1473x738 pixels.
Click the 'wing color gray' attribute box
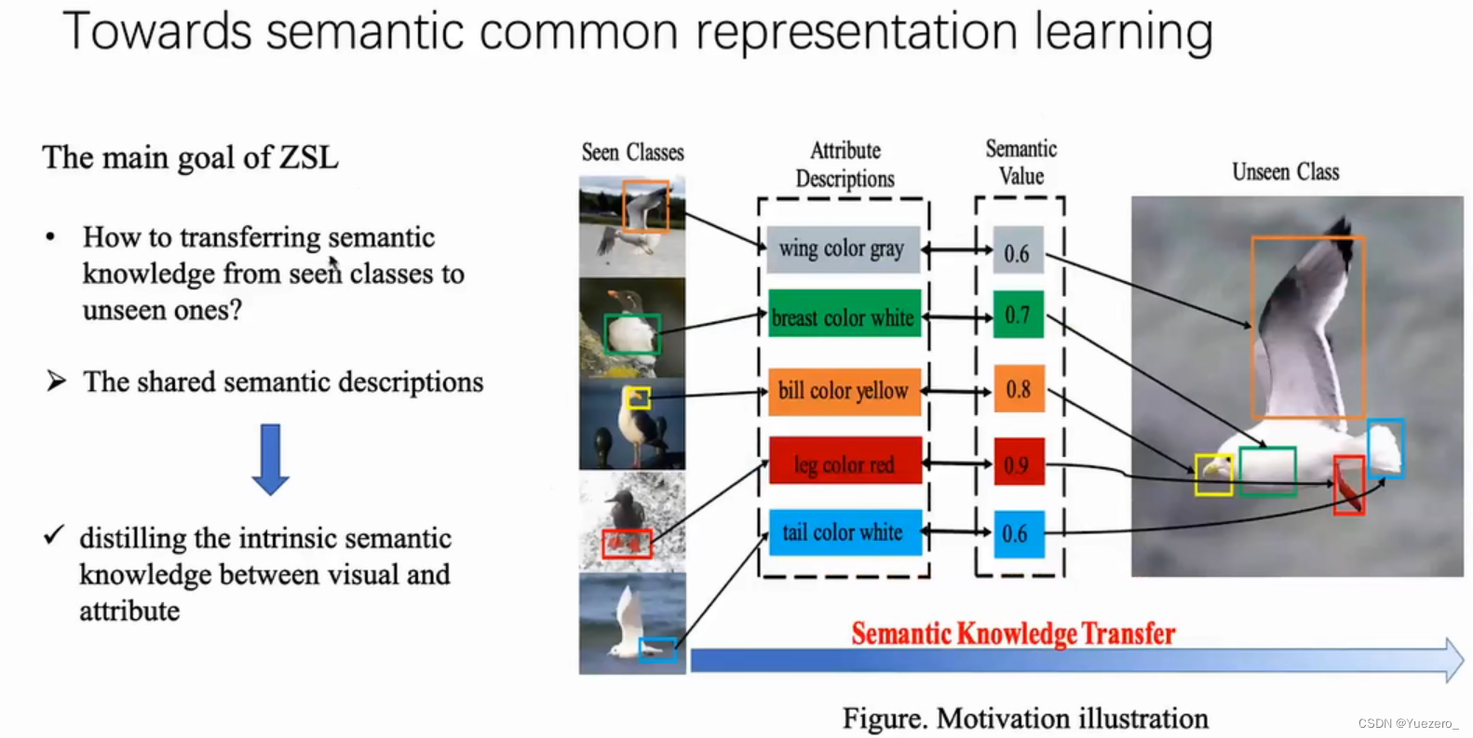(x=843, y=249)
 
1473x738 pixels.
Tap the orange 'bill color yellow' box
(x=845, y=391)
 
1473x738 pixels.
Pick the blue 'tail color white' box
(x=845, y=532)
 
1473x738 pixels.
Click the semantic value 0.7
(x=1018, y=315)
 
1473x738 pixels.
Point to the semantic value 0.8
(x=1020, y=388)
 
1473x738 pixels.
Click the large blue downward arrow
(x=270, y=460)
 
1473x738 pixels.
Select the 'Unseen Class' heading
(x=1286, y=172)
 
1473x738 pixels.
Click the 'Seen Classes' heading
(x=632, y=153)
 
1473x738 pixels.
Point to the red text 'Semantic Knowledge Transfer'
(x=1013, y=634)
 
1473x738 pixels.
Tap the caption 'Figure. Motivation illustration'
(x=1026, y=718)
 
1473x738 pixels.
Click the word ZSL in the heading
(x=308, y=157)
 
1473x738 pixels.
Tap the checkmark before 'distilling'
(x=54, y=535)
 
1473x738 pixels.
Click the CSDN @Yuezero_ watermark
(x=1408, y=723)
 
